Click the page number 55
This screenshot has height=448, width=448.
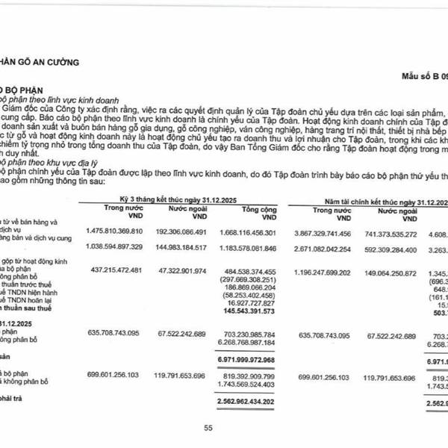[x=208, y=427]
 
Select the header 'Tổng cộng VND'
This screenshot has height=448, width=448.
[x=249, y=193]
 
